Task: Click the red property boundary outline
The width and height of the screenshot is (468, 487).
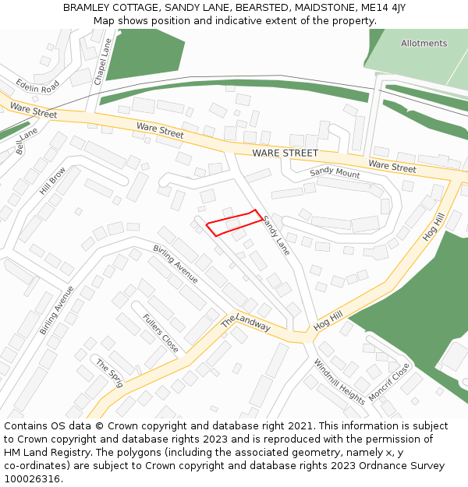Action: (x=232, y=223)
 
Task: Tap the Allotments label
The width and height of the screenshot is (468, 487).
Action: (x=424, y=44)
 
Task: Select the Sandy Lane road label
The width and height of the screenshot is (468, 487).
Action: (x=276, y=235)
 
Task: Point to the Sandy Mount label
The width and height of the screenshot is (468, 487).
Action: (x=335, y=173)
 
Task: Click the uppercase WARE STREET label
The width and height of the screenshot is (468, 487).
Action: (x=285, y=154)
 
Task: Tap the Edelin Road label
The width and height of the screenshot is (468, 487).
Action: (x=37, y=86)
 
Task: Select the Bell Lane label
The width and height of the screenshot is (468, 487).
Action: (x=27, y=141)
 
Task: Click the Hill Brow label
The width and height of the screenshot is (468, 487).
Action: (x=53, y=181)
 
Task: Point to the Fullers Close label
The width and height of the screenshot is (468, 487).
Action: (x=161, y=333)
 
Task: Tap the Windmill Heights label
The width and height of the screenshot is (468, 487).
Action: (x=339, y=381)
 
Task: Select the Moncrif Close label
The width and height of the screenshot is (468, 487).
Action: (x=389, y=382)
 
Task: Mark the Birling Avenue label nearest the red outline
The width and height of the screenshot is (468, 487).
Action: (x=175, y=264)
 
